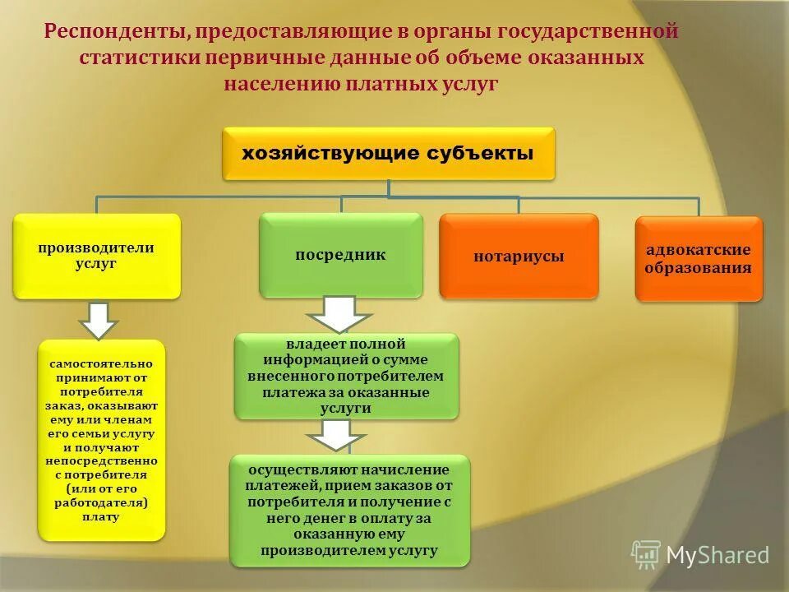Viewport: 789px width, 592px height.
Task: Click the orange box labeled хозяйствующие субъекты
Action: click(388, 154)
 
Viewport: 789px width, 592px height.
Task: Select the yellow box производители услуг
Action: click(97, 256)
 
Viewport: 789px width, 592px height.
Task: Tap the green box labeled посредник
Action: click(341, 255)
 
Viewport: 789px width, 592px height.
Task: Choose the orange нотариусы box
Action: click(519, 256)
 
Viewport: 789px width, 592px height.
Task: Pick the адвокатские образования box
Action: click(699, 258)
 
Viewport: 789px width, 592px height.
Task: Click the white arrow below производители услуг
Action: click(99, 319)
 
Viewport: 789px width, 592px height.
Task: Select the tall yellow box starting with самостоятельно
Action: click(102, 440)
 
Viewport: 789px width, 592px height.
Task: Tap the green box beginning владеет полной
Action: click(346, 375)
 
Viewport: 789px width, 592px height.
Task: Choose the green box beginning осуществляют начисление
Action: click(350, 510)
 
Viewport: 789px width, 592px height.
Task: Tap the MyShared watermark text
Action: click(717, 556)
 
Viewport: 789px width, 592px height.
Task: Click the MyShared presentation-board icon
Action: click(646, 555)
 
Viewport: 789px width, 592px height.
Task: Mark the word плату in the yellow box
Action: click(101, 517)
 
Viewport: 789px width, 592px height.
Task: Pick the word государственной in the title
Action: click(595, 33)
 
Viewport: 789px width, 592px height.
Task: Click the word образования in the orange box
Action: click(699, 268)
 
